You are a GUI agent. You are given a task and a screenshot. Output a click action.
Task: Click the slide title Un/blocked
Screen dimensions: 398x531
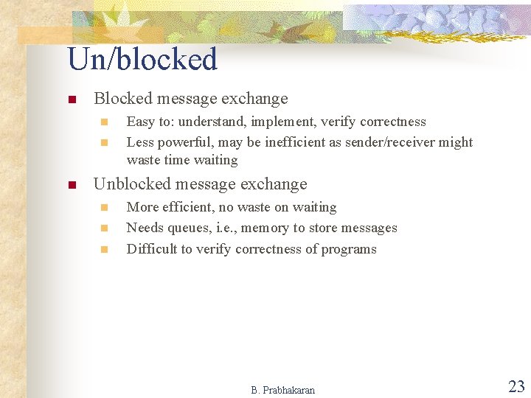point(142,60)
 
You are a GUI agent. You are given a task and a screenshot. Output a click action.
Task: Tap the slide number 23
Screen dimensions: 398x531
point(516,386)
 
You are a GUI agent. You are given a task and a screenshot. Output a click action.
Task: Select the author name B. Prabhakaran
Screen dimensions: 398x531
point(282,390)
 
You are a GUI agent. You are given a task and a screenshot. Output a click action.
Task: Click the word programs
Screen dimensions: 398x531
point(348,248)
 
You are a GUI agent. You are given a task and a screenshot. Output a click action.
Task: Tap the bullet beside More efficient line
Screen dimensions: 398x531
point(104,208)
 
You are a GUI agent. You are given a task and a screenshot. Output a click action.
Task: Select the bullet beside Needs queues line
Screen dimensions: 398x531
point(104,228)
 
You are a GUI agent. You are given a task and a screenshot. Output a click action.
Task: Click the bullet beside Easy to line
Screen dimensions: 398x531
point(104,122)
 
